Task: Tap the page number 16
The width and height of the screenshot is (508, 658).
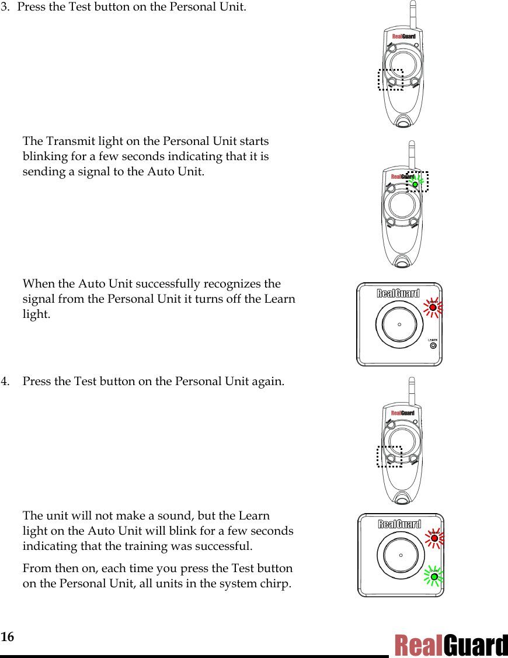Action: tap(7, 636)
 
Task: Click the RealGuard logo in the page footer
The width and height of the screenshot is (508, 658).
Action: tap(451, 646)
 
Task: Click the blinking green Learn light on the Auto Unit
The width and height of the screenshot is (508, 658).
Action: tap(434, 577)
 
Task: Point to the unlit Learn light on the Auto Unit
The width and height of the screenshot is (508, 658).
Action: tap(433, 346)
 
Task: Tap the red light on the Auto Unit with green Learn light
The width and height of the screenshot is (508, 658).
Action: tap(434, 538)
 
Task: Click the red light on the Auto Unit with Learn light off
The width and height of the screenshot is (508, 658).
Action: tap(433, 307)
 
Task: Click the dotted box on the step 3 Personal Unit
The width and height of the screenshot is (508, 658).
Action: tap(390, 79)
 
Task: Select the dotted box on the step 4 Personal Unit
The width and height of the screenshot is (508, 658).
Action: tap(389, 456)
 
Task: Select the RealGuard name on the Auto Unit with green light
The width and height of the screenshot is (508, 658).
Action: tap(399, 524)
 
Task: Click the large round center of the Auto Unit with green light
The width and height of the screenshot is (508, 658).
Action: tap(401, 555)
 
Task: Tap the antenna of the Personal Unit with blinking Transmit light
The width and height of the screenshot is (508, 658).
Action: tap(412, 154)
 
